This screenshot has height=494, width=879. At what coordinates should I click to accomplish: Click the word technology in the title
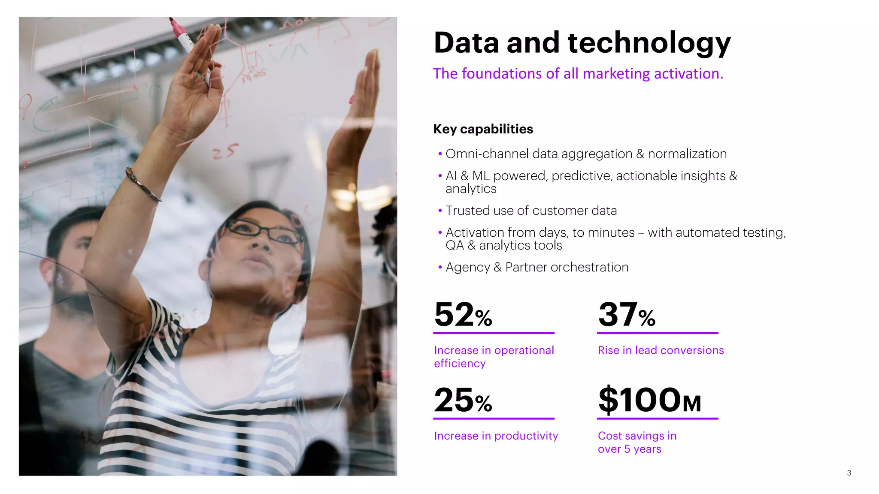649,43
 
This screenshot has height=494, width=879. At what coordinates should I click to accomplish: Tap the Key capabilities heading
483,129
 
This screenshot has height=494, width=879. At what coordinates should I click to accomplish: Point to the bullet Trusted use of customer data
531,211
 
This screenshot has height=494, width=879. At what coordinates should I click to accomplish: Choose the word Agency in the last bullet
467,267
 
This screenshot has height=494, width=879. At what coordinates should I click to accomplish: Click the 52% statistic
463,315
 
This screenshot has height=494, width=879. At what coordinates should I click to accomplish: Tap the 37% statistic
627,315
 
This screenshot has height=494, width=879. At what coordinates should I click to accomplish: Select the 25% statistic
463,401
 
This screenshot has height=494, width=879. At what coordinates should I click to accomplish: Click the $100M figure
649,401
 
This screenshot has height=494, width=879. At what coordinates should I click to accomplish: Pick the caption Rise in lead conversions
661,350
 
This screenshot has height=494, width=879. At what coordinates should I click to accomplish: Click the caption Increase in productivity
496,436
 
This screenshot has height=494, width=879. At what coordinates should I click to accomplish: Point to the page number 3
849,473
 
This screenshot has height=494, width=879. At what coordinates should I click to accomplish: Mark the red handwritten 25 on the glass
225,151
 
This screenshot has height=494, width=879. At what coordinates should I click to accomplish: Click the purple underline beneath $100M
658,419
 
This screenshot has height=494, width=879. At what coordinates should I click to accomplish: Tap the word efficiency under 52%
460,364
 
